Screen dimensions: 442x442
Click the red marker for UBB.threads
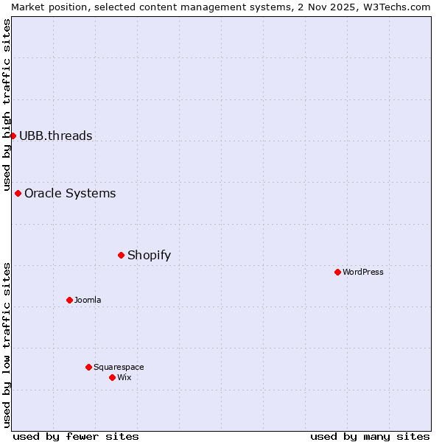(13, 136)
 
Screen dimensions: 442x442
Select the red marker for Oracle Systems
(18, 193)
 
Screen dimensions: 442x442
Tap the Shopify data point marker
(121, 255)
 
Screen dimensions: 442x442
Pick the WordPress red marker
(337, 272)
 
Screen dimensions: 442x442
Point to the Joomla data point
(69, 300)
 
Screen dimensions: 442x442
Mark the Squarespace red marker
(88, 367)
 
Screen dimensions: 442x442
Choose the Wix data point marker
(112, 377)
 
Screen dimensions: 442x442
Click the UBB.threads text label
(55, 136)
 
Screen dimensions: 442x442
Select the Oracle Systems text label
(70, 194)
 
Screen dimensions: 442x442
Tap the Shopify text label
(149, 256)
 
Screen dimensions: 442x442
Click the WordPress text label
(363, 273)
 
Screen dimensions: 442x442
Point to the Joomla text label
(88, 301)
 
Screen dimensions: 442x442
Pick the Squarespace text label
(119, 368)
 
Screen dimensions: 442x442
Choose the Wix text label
(124, 378)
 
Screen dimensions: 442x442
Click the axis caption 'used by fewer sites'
(76, 436)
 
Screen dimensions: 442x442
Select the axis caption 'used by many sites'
(370, 436)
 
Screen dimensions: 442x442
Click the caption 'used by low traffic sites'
(7, 345)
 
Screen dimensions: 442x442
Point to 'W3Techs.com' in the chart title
(401, 7)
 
